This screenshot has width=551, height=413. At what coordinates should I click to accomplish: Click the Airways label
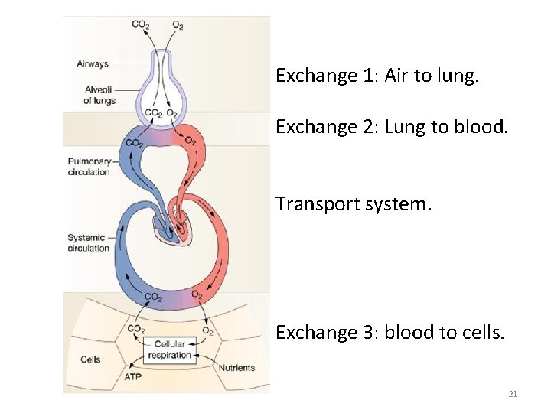[93, 64]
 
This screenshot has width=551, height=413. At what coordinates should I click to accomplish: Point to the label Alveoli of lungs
[99, 95]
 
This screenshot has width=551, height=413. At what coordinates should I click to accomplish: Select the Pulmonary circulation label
[89, 167]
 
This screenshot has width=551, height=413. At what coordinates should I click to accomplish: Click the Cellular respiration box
[169, 350]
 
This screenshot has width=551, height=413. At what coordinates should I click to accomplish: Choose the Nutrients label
[236, 368]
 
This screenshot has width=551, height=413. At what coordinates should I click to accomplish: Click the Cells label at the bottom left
[90, 359]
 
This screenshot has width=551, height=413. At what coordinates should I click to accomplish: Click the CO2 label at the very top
[141, 24]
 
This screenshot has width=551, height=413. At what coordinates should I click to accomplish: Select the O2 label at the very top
[178, 24]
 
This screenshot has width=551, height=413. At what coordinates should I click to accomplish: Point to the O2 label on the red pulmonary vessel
[189, 141]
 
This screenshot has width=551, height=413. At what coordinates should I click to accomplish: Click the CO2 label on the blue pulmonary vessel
[133, 143]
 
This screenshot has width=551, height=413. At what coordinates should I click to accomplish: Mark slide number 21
[513, 394]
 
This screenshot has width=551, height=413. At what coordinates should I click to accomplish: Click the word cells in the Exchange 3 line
[482, 333]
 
